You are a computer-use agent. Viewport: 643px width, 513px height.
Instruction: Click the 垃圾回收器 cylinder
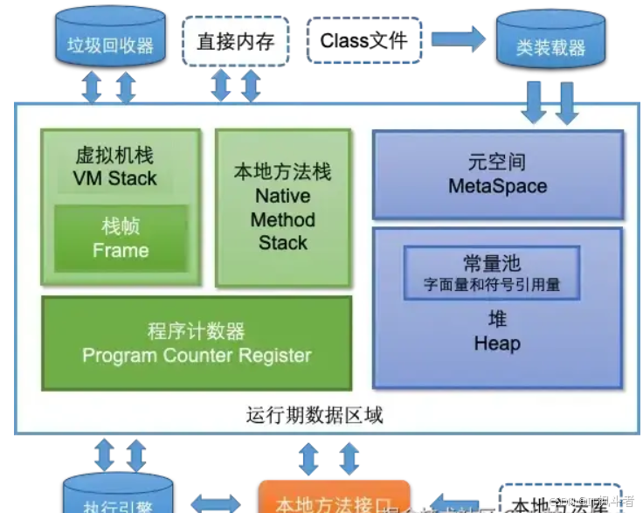coord(109,39)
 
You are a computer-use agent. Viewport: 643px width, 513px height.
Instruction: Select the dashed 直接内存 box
coord(235,41)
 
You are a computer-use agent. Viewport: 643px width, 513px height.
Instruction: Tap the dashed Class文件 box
coord(363,40)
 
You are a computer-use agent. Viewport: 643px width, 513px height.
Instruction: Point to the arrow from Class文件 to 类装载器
coord(458,38)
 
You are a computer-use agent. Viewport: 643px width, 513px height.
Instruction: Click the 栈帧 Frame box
coord(121,239)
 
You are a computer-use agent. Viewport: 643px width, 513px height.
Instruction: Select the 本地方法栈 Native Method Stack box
coord(283,208)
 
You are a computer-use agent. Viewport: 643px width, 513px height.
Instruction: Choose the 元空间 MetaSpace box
coord(498,175)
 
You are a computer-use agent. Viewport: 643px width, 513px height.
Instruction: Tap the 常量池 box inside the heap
coord(492,273)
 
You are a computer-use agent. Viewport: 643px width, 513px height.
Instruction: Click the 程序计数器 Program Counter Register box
coord(197,343)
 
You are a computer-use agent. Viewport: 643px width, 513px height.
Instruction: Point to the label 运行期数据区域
coord(315,415)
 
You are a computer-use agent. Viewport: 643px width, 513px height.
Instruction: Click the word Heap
coord(497,343)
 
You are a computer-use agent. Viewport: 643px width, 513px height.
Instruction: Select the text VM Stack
coord(114,179)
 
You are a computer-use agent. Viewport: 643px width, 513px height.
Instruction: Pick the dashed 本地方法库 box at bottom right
coord(560,501)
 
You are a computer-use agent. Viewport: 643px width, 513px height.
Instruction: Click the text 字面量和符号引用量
coord(492,285)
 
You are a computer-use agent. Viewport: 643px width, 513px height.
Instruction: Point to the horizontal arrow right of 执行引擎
coord(215,503)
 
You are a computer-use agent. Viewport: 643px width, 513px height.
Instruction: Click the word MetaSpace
coord(497,186)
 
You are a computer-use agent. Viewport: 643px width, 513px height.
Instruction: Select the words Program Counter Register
coord(197,356)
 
